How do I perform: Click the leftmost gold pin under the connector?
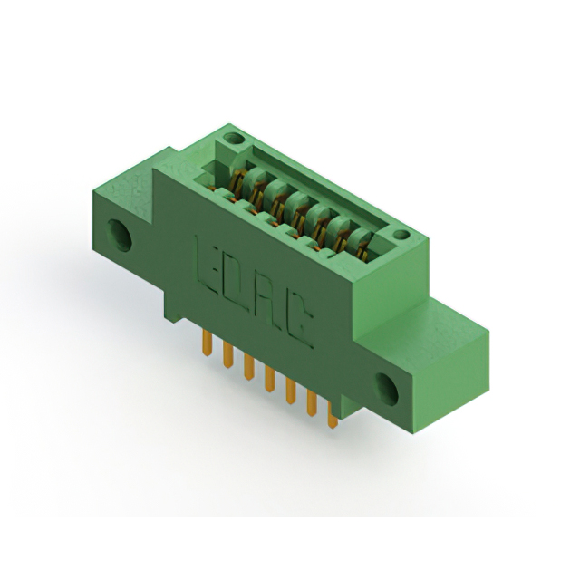pos(208,343)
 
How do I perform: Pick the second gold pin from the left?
pos(228,354)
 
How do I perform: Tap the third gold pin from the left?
pos(249,366)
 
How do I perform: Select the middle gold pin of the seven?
pos(270,378)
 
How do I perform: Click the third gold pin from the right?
pos(291,391)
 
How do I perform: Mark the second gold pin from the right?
pos(312,402)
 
